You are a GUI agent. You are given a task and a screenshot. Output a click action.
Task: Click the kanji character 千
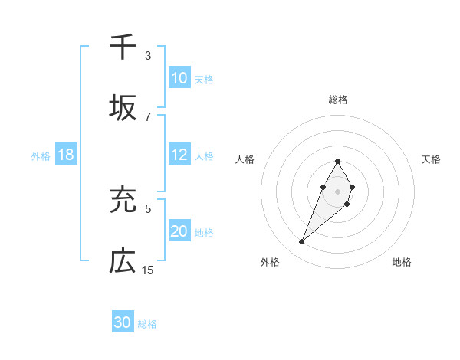[123, 47]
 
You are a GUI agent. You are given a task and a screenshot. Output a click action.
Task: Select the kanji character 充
[123, 201]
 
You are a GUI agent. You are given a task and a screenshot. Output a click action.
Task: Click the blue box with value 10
[179, 78]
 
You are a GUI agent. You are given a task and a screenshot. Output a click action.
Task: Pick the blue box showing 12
[179, 155]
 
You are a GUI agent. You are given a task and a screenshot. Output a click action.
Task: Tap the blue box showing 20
[179, 231]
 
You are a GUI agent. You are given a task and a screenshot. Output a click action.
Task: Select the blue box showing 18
[66, 155]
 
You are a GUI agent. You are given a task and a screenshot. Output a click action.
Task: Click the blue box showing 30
[123, 322]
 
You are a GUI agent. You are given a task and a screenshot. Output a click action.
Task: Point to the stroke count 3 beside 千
[148, 56]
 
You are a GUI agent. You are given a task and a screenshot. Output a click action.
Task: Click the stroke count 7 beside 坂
[148, 116]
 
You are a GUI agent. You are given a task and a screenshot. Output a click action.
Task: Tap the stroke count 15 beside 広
[148, 270]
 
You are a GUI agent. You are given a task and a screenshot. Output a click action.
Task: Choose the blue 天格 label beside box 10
[204, 79]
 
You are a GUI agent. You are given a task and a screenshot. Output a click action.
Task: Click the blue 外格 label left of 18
[41, 155]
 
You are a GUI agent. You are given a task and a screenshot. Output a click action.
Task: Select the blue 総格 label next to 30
[147, 323]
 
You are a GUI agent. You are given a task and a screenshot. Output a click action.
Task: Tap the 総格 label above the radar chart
[337, 100]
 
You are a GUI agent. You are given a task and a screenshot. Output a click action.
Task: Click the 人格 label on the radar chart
[245, 159]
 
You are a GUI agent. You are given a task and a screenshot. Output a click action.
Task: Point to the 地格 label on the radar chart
[402, 262]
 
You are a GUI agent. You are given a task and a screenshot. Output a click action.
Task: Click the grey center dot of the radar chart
[337, 190]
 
